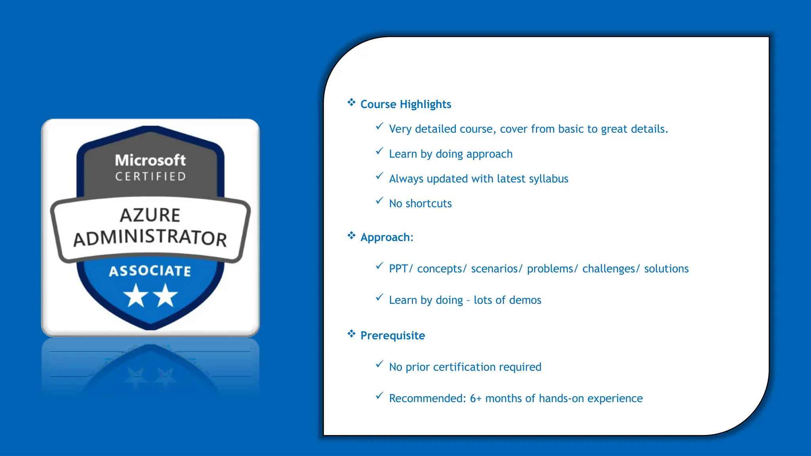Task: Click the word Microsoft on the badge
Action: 150,160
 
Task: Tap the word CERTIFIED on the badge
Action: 150,177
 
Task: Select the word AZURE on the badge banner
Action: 150,215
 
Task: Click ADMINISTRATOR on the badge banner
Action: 150,237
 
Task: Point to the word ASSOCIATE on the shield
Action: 150,271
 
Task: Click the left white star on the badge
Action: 136,296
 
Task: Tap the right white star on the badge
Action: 165,296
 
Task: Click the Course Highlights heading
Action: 405,104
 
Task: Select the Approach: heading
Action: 386,237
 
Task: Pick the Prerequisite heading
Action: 392,336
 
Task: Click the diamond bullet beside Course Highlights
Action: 351,103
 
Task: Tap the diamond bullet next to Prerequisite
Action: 351,334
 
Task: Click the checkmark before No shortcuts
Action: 379,201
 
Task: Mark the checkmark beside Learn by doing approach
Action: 379,151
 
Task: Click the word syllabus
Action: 548,179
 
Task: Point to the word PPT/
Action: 401,269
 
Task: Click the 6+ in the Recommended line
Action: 476,398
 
